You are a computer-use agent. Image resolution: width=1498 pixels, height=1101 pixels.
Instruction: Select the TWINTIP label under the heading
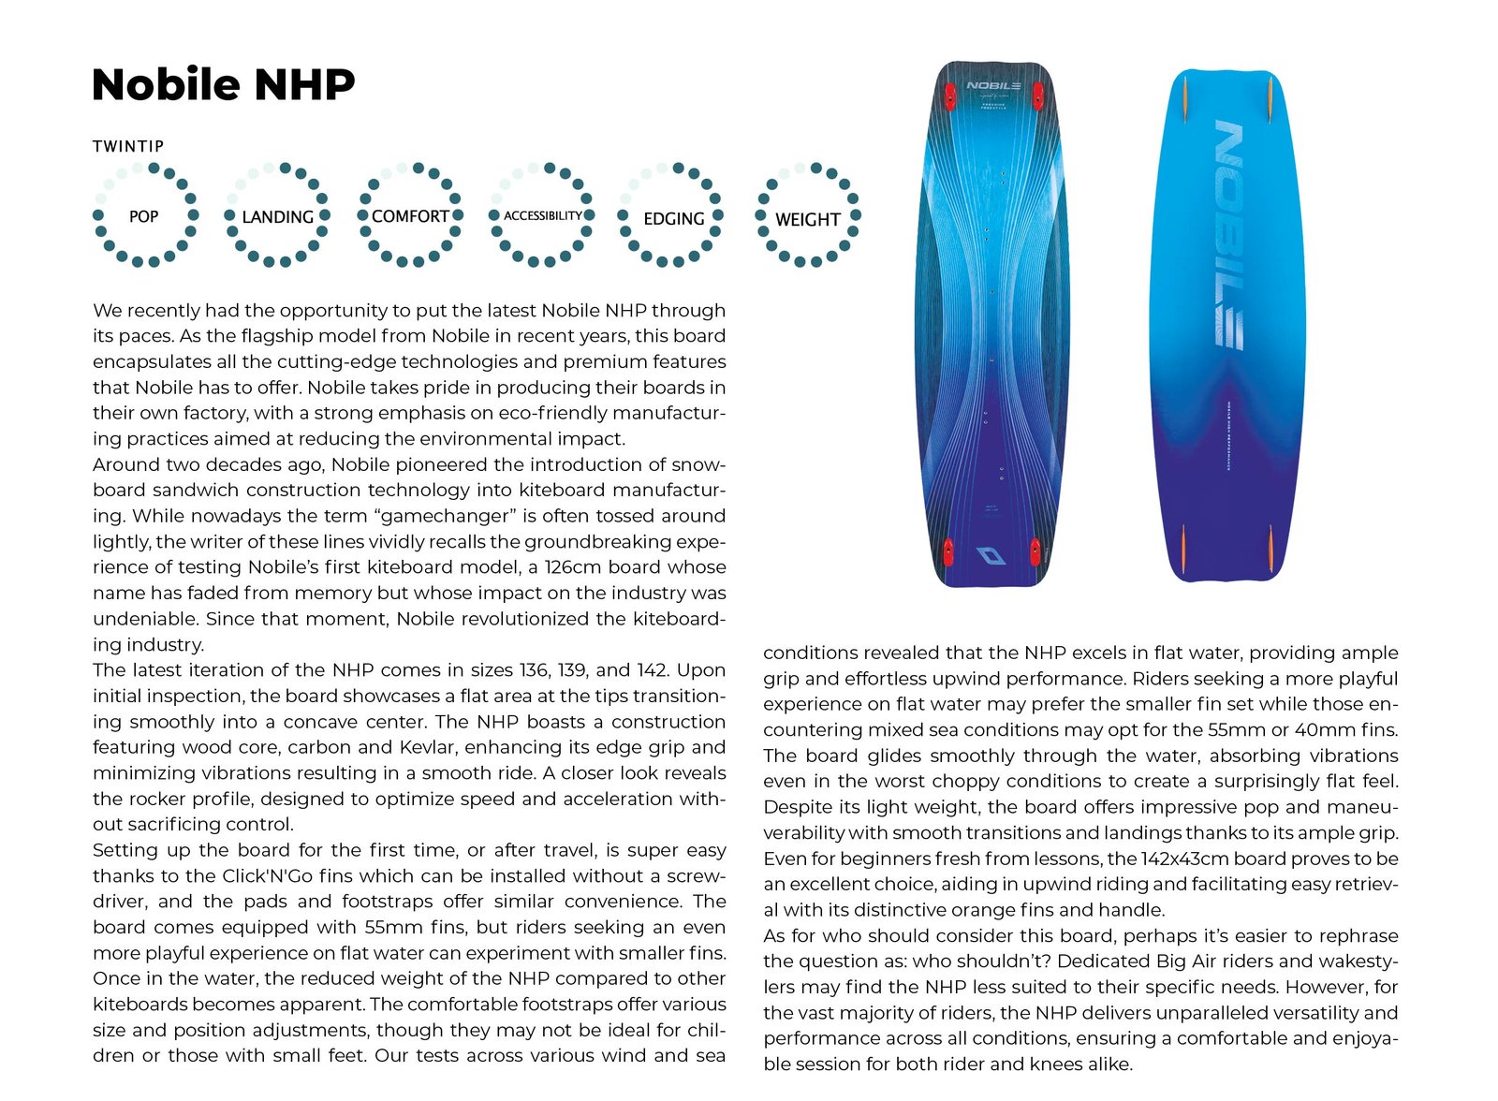pos(128,146)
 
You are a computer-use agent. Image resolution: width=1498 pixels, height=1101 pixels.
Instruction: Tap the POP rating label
pos(143,216)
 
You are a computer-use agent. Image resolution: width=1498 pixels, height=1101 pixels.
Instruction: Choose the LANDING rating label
pos(277,217)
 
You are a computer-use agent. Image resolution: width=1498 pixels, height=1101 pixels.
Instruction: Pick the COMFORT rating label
pos(410,216)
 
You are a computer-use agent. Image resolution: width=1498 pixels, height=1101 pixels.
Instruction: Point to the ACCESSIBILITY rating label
pos(543,216)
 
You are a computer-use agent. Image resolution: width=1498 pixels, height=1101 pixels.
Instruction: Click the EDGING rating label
pos(674,218)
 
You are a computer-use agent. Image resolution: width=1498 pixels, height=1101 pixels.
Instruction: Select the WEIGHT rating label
pos(807,220)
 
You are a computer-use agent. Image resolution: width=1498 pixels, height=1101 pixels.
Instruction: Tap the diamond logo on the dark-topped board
pos(991,556)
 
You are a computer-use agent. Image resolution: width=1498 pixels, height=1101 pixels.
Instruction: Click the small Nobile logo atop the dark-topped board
pos(993,86)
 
